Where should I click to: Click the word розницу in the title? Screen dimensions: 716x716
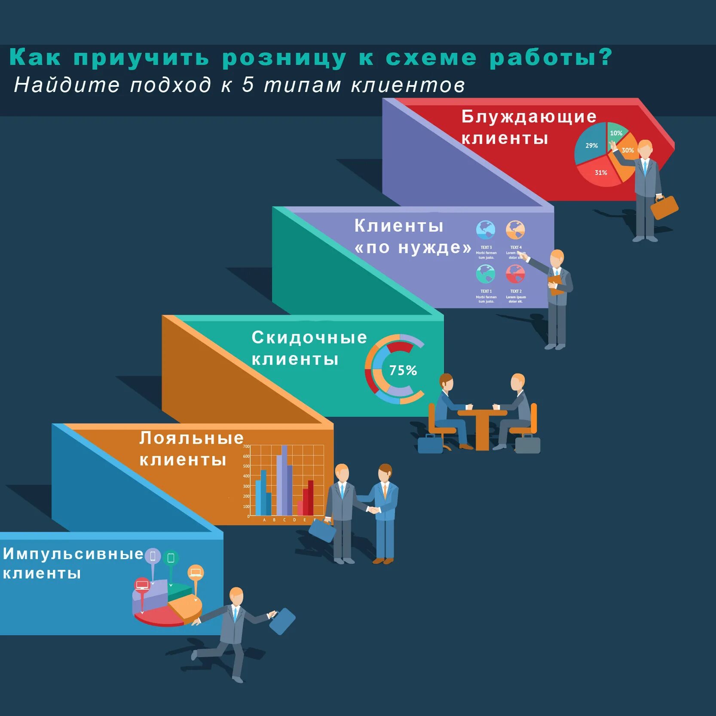point(284,58)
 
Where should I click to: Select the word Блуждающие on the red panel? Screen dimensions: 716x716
point(529,116)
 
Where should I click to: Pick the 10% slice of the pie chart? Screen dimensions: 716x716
point(616,132)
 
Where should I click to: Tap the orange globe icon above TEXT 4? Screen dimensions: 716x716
point(515,230)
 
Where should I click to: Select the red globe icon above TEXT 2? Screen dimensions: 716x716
point(515,274)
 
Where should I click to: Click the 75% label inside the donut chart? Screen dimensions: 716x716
point(403,370)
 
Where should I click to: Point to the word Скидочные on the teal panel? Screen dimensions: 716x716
point(309,338)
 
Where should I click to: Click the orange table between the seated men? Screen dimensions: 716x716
point(482,425)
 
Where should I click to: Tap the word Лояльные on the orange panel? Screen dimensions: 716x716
point(191,438)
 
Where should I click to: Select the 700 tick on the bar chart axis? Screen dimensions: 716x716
point(246,447)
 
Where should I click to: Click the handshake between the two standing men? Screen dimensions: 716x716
point(373,510)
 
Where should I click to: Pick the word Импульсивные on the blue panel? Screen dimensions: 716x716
point(73,554)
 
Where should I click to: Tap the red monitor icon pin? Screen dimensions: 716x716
point(142,585)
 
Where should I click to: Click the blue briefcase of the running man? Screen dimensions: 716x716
point(282,621)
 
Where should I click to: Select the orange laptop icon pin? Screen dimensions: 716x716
point(196,572)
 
